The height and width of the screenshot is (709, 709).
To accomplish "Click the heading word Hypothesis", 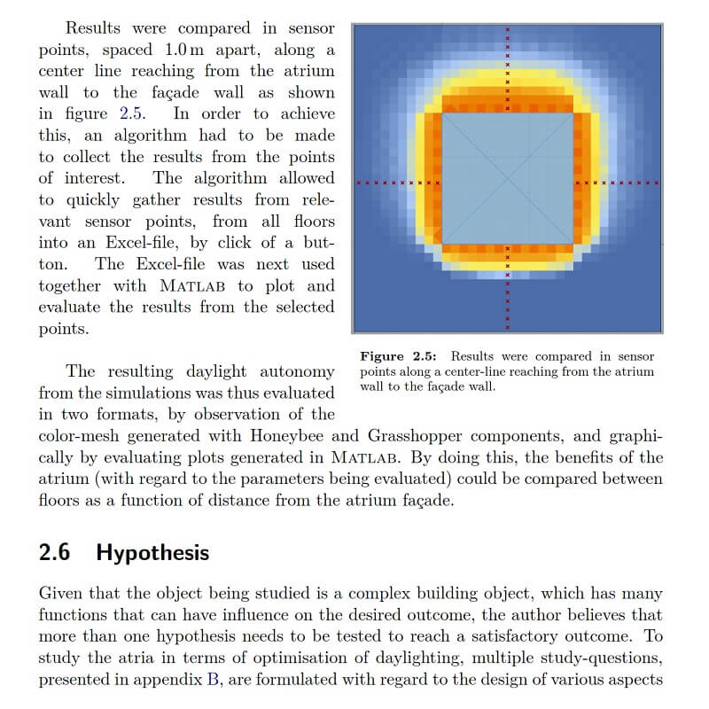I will pos(152,553).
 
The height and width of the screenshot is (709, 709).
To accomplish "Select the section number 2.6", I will pos(55,553).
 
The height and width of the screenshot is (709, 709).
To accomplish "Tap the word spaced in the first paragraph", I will pos(128,50).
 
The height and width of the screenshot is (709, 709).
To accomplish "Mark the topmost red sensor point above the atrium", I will pos(507,29).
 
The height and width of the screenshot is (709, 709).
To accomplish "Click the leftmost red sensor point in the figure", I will pos(358,183).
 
